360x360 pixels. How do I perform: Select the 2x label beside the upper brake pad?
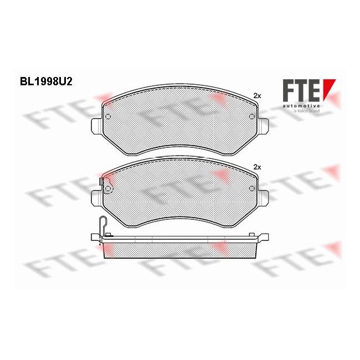(x=256, y=95)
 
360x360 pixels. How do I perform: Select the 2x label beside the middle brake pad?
(x=256, y=167)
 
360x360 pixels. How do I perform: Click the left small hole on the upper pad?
(x=109, y=117)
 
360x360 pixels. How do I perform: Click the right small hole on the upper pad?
(x=253, y=117)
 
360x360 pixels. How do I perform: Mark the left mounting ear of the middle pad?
(x=96, y=197)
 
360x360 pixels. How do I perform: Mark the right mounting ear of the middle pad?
(x=265, y=197)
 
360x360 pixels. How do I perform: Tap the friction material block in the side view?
(x=180, y=250)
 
